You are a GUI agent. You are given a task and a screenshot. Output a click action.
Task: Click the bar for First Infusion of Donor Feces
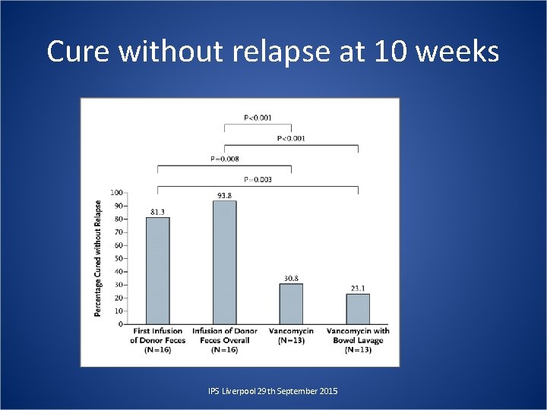tap(157, 270)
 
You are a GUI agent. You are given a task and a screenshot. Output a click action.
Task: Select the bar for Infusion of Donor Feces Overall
tap(224, 262)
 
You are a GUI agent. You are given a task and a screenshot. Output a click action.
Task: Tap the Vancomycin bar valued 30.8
tap(291, 304)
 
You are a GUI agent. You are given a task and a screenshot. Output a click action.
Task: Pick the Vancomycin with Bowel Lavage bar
tap(358, 309)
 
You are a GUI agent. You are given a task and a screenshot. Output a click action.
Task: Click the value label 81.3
tap(157, 212)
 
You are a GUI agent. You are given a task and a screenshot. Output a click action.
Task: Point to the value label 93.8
tap(224, 195)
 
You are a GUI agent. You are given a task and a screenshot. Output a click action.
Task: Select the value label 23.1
tap(358, 288)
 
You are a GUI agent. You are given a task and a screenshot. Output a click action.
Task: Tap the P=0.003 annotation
tap(257, 180)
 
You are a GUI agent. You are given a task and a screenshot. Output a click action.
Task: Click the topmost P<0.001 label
tap(257, 118)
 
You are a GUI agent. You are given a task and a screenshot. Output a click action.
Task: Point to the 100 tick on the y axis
tap(117, 192)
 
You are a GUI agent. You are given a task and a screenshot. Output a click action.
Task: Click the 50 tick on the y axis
tap(119, 258)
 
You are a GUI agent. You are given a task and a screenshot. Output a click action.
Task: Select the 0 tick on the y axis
tap(121, 324)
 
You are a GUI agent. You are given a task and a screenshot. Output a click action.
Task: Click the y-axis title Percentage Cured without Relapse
tap(98, 258)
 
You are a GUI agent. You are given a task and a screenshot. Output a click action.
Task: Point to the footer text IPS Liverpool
tap(232, 390)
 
